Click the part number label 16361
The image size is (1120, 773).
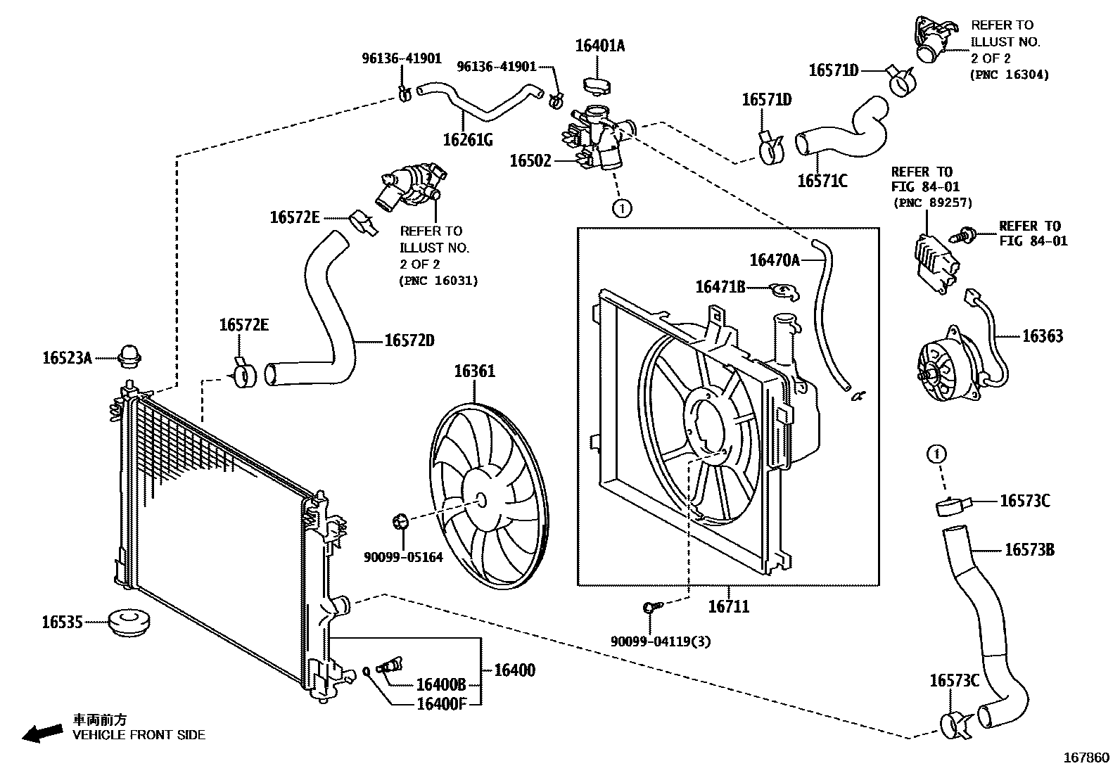[473, 371]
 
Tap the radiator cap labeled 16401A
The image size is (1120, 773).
[597, 85]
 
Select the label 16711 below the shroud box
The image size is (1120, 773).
[728, 606]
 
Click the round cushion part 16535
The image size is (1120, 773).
[131, 623]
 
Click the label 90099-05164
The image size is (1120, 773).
[403, 557]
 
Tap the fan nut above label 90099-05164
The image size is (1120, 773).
[401, 522]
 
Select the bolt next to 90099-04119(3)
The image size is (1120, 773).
[649, 606]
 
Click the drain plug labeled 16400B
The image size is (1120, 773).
[389, 665]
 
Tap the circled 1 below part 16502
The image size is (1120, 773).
[622, 208]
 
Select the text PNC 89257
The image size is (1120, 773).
[933, 203]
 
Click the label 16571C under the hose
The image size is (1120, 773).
[822, 181]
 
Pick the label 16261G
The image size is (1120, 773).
[468, 139]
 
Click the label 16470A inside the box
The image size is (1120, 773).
[775, 260]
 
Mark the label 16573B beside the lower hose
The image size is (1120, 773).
[1029, 549]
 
